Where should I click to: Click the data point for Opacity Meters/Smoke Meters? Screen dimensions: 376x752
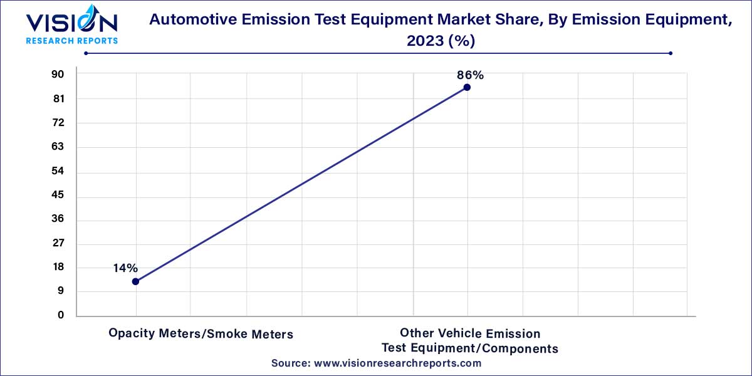tap(135, 281)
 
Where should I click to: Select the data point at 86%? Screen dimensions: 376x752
tap(467, 87)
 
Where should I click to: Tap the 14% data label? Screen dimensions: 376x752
tap(125, 268)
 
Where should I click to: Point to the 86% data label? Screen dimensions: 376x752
tap(470, 75)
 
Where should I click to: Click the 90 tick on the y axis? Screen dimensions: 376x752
tap(58, 75)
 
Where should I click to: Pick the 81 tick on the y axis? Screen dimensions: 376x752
tap(58, 99)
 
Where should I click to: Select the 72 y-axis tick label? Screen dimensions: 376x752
tap(58, 123)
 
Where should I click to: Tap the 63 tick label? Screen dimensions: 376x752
tap(58, 147)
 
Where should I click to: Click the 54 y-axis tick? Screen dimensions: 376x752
tap(58, 171)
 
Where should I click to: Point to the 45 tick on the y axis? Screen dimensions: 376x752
tap(58, 196)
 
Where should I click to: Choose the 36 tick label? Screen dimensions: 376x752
tap(58, 219)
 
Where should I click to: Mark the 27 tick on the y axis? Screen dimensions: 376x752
tap(58, 243)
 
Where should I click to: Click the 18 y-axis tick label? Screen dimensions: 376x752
tap(58, 268)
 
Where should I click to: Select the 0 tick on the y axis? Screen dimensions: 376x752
tap(61, 316)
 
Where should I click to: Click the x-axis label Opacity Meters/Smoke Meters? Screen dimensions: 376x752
tap(201, 334)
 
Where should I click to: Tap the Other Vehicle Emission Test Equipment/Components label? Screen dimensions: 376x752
tap(470, 341)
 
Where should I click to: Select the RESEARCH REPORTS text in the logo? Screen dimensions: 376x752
tap(71, 41)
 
